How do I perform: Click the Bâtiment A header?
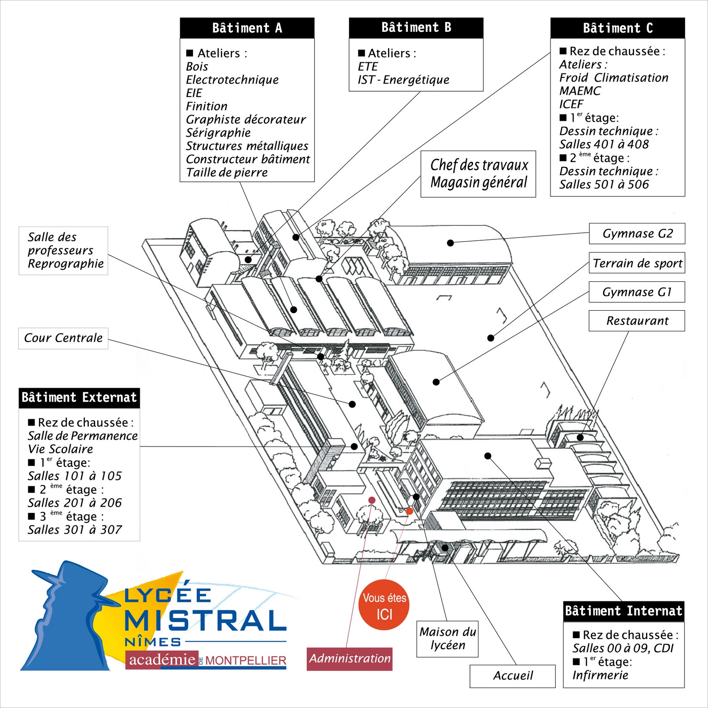point(247,28)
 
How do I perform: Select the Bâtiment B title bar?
point(416,27)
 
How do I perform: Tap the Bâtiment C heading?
point(617,28)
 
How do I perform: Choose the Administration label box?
point(350,658)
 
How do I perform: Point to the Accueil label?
point(512,676)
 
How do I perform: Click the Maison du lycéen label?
point(447,639)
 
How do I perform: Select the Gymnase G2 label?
point(637,234)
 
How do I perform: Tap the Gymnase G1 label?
point(636,292)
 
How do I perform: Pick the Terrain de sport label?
point(637,263)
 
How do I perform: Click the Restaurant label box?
point(636,321)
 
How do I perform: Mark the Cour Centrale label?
point(63,338)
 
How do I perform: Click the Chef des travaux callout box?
point(478,174)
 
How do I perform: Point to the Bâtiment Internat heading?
point(623,611)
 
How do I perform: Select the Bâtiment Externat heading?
point(79,397)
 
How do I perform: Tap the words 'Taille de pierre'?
point(227,173)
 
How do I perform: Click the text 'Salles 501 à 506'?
point(604,185)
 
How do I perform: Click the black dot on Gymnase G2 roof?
point(450,242)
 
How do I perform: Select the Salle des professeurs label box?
point(63,250)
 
